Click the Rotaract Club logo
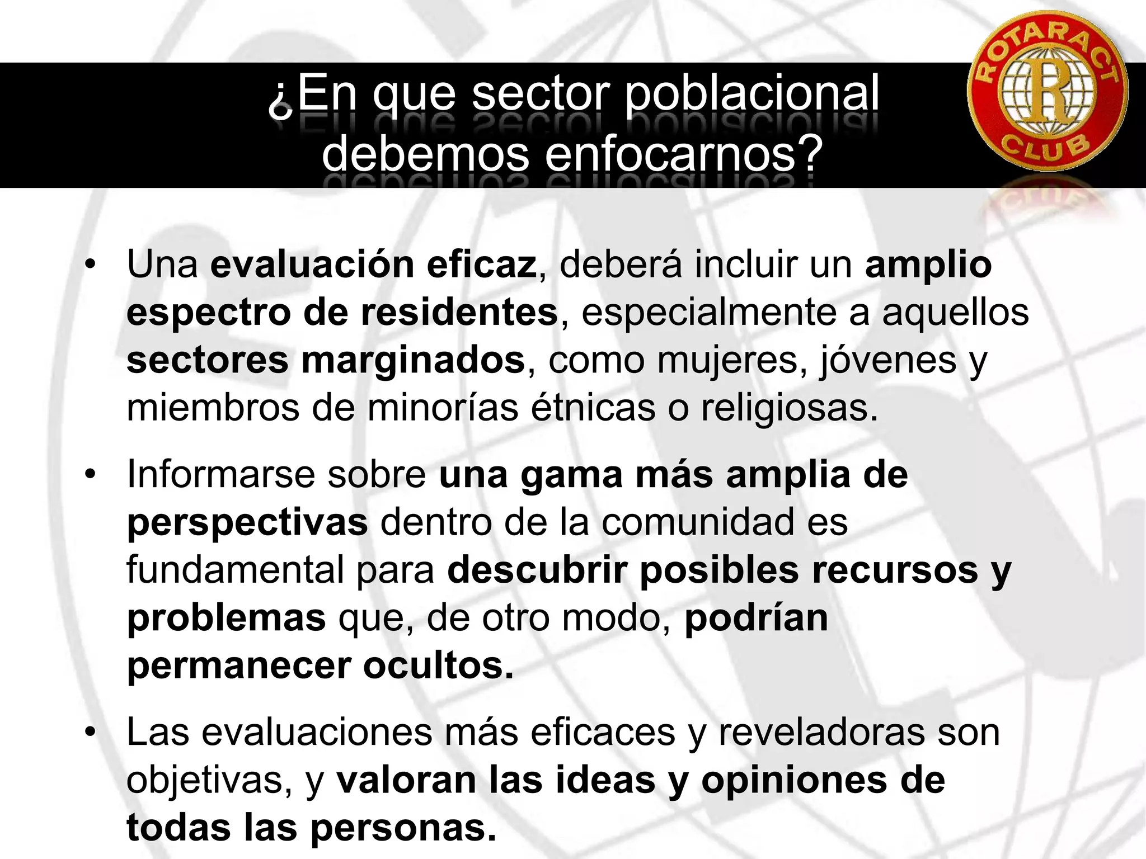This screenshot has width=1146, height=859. point(1047,90)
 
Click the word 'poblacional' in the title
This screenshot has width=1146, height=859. point(751,93)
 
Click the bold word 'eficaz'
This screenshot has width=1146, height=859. point(481,265)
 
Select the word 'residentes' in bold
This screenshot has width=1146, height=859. point(459,312)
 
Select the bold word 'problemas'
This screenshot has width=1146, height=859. point(226,619)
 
